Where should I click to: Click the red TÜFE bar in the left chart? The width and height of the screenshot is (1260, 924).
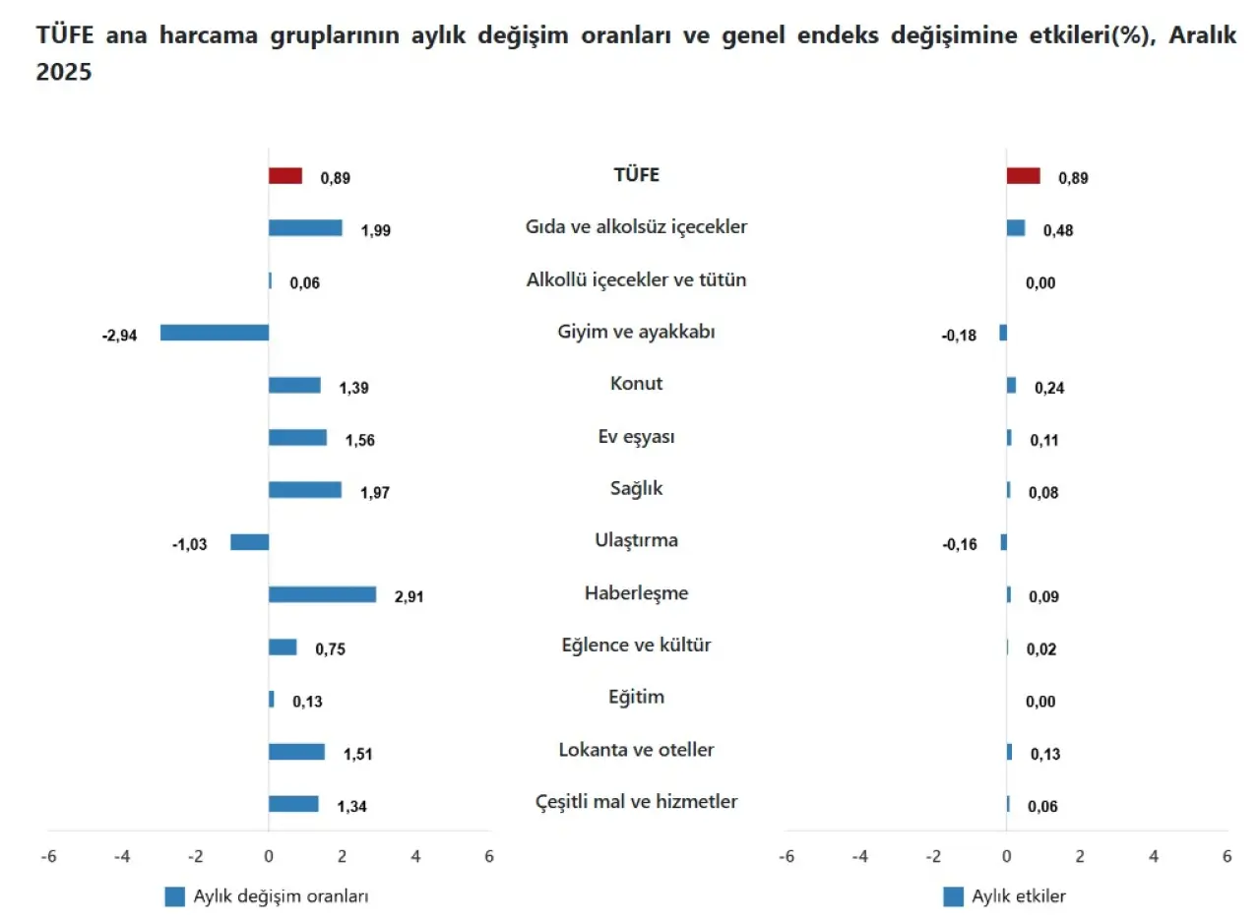point(285,176)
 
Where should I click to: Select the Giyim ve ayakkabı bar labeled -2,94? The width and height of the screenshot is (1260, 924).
point(215,333)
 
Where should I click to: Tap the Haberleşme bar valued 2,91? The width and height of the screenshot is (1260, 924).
point(322,594)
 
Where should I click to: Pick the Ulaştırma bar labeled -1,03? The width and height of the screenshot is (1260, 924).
point(249,542)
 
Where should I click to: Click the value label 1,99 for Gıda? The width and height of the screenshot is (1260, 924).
point(376,230)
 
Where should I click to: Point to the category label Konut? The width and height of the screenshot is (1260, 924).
point(636,384)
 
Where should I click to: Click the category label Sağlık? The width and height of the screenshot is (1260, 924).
point(636,488)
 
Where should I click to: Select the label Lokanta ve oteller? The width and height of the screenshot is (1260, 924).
point(636,750)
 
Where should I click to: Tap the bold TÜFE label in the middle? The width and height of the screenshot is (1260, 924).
point(636,175)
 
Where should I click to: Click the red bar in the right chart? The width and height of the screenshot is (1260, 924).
point(1023,176)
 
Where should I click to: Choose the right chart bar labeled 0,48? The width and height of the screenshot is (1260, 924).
point(1015,228)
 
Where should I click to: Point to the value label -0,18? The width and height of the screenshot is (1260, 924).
point(959,336)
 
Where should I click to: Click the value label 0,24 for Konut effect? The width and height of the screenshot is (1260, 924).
point(1049,388)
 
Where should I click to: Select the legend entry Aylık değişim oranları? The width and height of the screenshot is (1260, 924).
point(281,896)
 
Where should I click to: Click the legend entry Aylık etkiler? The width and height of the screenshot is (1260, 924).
point(1018,896)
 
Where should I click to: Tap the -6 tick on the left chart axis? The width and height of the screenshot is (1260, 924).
point(48,856)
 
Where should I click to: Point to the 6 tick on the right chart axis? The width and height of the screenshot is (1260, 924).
point(1227,856)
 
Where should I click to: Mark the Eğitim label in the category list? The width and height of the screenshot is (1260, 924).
point(636,698)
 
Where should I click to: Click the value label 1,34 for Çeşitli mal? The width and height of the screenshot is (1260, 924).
point(351,807)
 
